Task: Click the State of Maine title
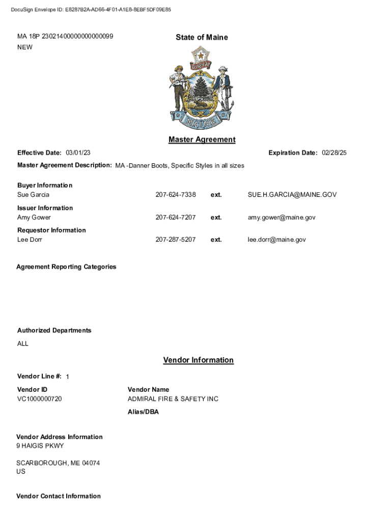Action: click(202, 37)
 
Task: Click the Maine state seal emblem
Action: click(201, 89)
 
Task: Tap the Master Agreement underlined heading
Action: click(202, 139)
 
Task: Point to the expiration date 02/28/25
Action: click(334, 153)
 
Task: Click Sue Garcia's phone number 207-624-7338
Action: click(175, 195)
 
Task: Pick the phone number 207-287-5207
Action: click(175, 240)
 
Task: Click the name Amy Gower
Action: click(34, 217)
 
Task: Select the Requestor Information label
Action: click(51, 230)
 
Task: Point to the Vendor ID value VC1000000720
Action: click(40, 399)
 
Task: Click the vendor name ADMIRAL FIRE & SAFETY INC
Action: click(173, 399)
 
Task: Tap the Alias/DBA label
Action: click(143, 412)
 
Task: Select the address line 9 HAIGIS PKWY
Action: click(40, 446)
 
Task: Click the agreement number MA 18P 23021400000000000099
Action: click(65, 37)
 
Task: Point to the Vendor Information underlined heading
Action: click(198, 360)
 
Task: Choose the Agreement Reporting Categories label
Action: click(66, 267)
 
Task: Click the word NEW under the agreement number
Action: click(25, 47)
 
